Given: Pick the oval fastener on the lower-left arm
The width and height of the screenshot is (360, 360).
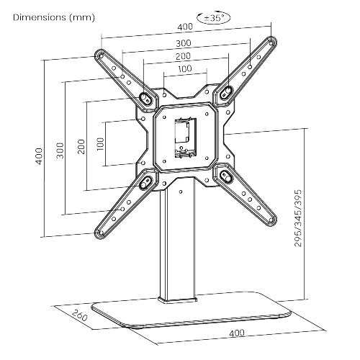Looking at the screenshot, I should click(x=145, y=181).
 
